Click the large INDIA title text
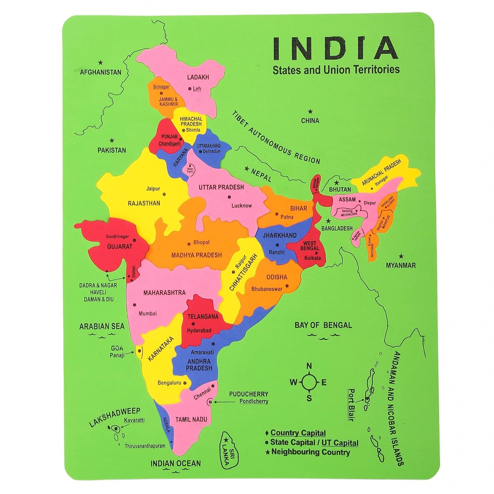335,48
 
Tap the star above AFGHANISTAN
101,62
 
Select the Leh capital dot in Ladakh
190,89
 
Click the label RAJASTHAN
144,203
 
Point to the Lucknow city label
241,206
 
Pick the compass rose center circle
309,382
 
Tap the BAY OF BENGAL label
323,325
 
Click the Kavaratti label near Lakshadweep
134,420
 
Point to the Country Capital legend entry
298,433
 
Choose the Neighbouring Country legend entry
310,452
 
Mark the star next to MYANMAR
401,256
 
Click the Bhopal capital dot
189,244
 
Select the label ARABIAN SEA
102,326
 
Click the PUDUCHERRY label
248,394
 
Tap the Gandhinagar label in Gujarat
117,236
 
